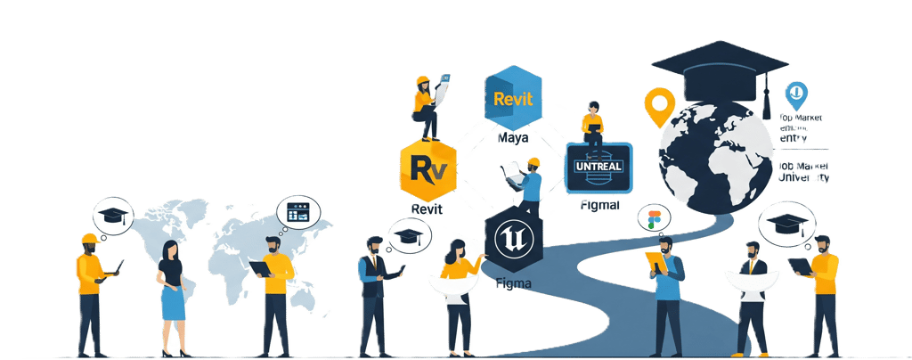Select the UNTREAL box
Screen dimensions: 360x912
598,168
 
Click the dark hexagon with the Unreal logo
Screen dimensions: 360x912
515,241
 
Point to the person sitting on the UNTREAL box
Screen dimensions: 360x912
591,124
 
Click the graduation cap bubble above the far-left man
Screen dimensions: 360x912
114,216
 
